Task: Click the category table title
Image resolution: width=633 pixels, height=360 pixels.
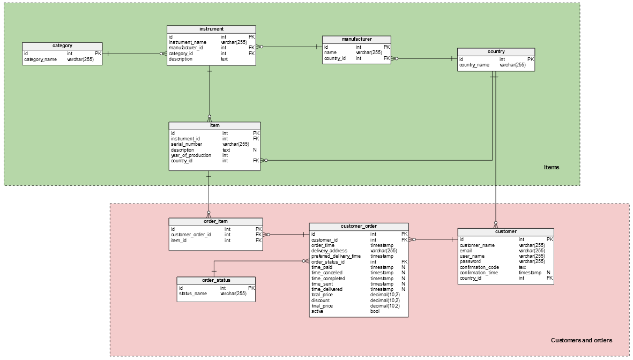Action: click(62, 46)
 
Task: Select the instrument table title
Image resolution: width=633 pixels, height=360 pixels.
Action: click(211, 29)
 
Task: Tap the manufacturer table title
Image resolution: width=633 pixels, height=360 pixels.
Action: click(356, 39)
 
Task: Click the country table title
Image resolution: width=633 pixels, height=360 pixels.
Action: click(496, 52)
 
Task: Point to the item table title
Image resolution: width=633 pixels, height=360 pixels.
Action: click(214, 125)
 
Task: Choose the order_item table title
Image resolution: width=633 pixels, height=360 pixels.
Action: click(215, 221)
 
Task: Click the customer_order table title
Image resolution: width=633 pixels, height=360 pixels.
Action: click(359, 227)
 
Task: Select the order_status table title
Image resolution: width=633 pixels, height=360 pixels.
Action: click(216, 280)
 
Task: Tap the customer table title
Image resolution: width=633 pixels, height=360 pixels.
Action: click(505, 232)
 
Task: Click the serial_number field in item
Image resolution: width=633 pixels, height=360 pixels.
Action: click(187, 144)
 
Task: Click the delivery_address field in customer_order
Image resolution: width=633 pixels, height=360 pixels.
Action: click(329, 251)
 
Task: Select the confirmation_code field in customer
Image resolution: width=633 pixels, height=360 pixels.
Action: click(479, 267)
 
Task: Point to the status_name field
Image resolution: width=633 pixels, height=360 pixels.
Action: click(192, 294)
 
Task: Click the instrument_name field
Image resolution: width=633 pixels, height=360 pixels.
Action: click(187, 42)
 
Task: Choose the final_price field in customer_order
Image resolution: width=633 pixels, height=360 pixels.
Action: click(322, 306)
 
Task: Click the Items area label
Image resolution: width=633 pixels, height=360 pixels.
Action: click(551, 167)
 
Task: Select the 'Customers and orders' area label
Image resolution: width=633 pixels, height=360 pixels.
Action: click(581, 340)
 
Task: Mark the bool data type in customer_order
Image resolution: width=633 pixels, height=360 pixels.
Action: click(375, 311)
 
